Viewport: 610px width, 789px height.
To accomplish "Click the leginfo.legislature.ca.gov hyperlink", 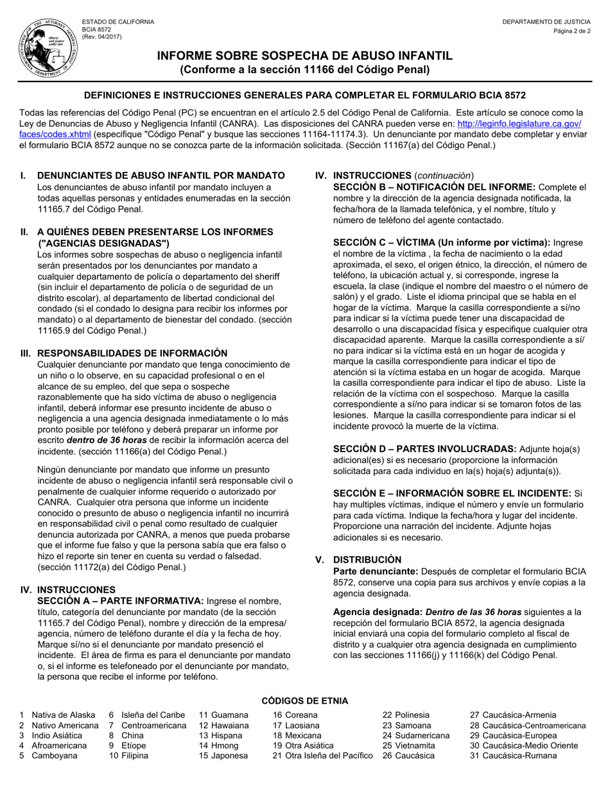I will click(519, 124).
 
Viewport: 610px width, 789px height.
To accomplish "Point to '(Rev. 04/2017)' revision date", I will click(101, 37).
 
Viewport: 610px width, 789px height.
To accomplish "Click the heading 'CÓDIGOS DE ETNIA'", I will click(305, 700).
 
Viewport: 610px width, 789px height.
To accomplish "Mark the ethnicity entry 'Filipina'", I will click(135, 756).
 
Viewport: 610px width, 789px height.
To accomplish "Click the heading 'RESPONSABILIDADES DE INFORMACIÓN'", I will click(132, 353).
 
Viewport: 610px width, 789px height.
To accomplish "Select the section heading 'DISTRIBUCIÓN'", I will click(367, 559).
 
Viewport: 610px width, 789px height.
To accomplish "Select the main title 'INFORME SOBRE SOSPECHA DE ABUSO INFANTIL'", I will click(305, 56).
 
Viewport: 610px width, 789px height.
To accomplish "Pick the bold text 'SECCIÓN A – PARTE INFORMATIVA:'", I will click(120, 600).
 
